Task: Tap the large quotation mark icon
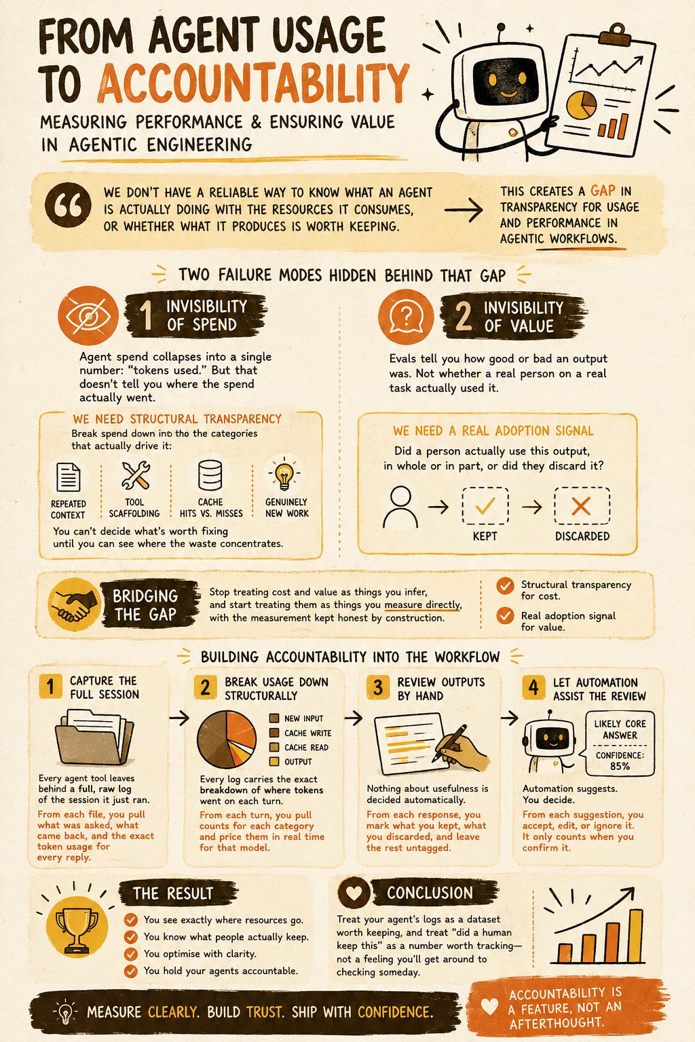[x=68, y=205]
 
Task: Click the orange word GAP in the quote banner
[x=603, y=191]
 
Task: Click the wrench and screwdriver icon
[x=136, y=475]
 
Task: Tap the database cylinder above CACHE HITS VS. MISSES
[x=210, y=475]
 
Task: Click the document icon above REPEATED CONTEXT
[x=68, y=477]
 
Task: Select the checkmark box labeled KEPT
[x=485, y=505]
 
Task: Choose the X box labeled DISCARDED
[x=582, y=505]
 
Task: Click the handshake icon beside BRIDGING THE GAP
[x=74, y=604]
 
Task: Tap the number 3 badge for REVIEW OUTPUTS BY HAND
[x=378, y=687]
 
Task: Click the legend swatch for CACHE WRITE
[x=274, y=733]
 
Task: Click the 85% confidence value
[x=620, y=766]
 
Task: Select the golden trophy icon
[x=77, y=927]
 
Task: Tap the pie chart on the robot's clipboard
[x=581, y=104]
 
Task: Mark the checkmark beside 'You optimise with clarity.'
[x=131, y=954]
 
